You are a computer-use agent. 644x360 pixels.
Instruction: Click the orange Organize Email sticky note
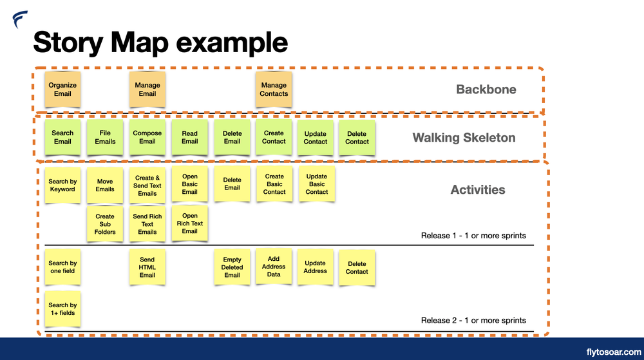(62, 90)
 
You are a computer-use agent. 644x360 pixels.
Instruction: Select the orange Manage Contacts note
(274, 90)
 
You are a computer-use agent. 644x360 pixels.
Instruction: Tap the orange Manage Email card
(147, 90)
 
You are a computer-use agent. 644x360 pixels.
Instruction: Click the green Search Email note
(62, 137)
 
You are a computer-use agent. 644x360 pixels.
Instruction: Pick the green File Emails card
(105, 137)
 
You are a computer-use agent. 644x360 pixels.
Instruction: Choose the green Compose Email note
(147, 137)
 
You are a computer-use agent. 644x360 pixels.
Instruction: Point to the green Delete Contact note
(357, 138)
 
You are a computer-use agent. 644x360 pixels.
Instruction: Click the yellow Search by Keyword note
(62, 185)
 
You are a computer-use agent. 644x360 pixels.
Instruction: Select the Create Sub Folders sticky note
(105, 224)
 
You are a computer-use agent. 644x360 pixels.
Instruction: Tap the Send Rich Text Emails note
(147, 224)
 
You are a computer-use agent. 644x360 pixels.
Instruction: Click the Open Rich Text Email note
(190, 223)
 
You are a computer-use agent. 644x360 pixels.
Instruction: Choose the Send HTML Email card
(147, 267)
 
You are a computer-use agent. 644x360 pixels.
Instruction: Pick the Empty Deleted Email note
(232, 267)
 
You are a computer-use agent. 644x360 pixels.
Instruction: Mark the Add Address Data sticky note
(274, 267)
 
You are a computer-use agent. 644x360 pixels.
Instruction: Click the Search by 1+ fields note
(62, 309)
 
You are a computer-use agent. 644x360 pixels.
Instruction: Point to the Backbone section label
(486, 90)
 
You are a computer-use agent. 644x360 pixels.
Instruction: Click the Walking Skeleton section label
(464, 138)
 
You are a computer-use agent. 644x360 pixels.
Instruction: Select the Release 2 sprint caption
(473, 320)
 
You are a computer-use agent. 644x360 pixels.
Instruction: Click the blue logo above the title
(20, 19)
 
